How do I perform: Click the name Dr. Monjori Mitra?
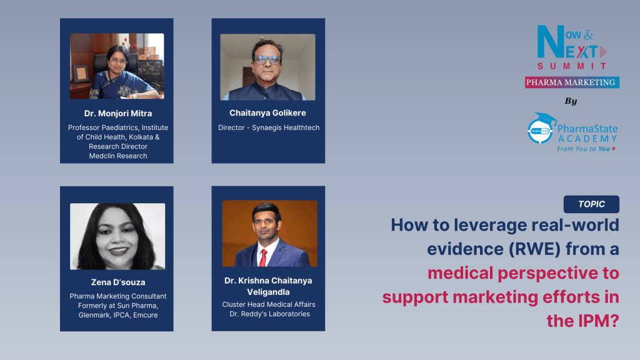pyautogui.click(x=117, y=114)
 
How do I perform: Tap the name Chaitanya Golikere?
pyautogui.click(x=268, y=114)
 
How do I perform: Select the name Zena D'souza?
pyautogui.click(x=117, y=282)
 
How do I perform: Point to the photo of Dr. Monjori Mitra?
pyautogui.click(x=117, y=66)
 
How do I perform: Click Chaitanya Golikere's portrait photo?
pyautogui.click(x=268, y=67)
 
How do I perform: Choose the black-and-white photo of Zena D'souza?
pyautogui.click(x=117, y=236)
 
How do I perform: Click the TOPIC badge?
pyautogui.click(x=591, y=204)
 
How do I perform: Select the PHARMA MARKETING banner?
pyautogui.click(x=572, y=82)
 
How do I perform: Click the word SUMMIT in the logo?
pyautogui.click(x=572, y=66)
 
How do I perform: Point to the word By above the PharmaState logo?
pyautogui.click(x=571, y=101)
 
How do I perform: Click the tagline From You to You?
pyautogui.click(x=584, y=149)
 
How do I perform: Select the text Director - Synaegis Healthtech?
pyautogui.click(x=268, y=127)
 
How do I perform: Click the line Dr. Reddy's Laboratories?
pyautogui.click(x=269, y=314)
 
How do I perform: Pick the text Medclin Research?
pyautogui.click(x=117, y=156)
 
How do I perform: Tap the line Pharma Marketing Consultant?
pyautogui.click(x=117, y=296)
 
